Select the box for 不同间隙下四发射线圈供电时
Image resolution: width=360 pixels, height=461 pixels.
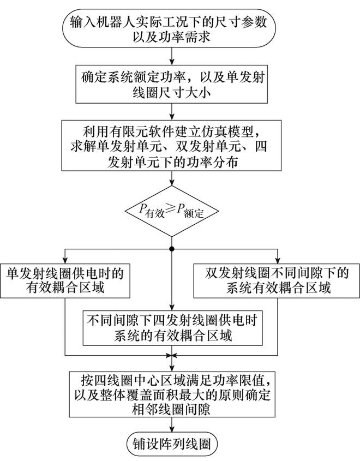[x=172, y=327]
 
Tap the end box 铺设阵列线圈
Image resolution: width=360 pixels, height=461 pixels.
[x=172, y=441]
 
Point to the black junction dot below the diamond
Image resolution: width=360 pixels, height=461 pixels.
[x=172, y=249]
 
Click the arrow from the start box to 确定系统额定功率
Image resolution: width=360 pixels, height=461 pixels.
[x=172, y=56]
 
